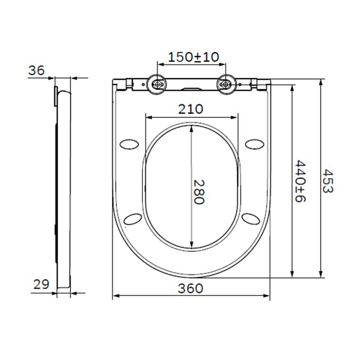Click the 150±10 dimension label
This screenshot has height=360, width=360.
(x=193, y=57)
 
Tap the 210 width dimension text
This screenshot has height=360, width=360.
(x=191, y=109)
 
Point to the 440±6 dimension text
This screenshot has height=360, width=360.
(x=300, y=180)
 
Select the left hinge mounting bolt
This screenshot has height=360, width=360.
(x=157, y=84)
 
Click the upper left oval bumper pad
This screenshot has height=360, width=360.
(x=130, y=144)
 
